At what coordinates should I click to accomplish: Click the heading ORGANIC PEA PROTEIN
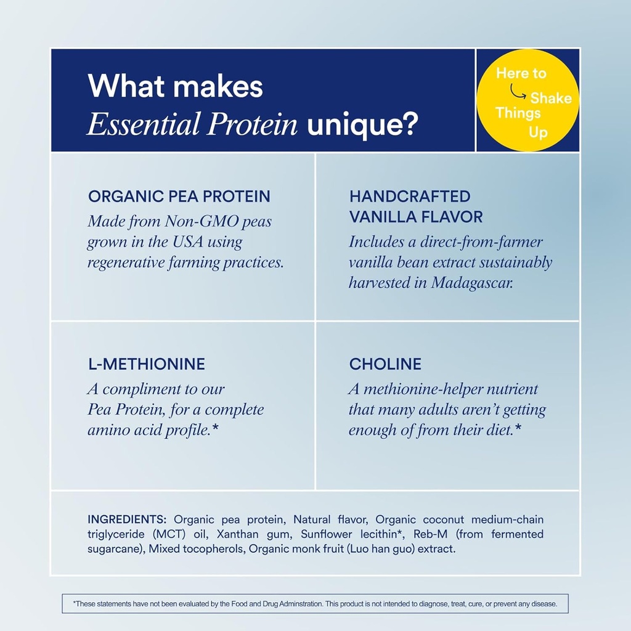pyautogui.click(x=179, y=197)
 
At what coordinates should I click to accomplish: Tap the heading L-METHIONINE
pyautogui.click(x=146, y=364)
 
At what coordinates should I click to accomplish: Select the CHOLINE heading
pyautogui.click(x=385, y=364)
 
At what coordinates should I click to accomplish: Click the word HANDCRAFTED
pyautogui.click(x=410, y=197)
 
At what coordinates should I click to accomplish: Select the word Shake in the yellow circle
pyautogui.click(x=551, y=98)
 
